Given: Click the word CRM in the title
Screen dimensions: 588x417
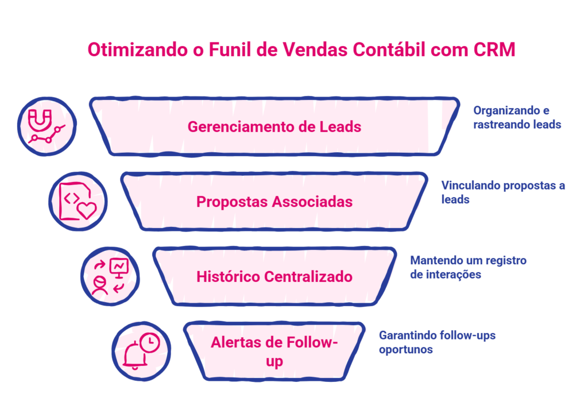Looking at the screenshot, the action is click(494, 50).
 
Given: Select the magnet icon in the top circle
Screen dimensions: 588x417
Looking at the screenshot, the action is click(40, 120).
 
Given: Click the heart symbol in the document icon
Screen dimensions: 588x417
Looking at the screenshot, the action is click(87, 210).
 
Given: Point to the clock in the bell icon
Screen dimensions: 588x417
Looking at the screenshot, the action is click(150, 342).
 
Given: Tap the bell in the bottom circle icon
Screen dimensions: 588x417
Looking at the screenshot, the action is click(134, 356).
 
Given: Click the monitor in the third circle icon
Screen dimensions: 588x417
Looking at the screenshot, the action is click(119, 268).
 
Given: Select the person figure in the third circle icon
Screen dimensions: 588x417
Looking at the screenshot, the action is click(100, 285).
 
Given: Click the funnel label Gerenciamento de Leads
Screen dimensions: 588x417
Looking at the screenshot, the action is click(274, 127).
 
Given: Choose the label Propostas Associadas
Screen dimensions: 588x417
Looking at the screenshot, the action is click(274, 202).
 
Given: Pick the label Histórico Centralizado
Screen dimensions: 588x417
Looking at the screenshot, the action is click(274, 277).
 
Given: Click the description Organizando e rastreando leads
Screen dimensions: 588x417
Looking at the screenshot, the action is click(517, 117).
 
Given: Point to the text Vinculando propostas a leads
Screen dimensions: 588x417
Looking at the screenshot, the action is click(503, 192).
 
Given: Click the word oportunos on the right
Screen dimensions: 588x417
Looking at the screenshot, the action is click(406, 349).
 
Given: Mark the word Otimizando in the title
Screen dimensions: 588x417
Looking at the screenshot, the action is click(138, 50).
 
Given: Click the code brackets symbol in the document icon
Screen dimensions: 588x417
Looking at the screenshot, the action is click(71, 198).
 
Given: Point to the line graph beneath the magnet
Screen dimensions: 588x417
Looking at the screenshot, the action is click(47, 134).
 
